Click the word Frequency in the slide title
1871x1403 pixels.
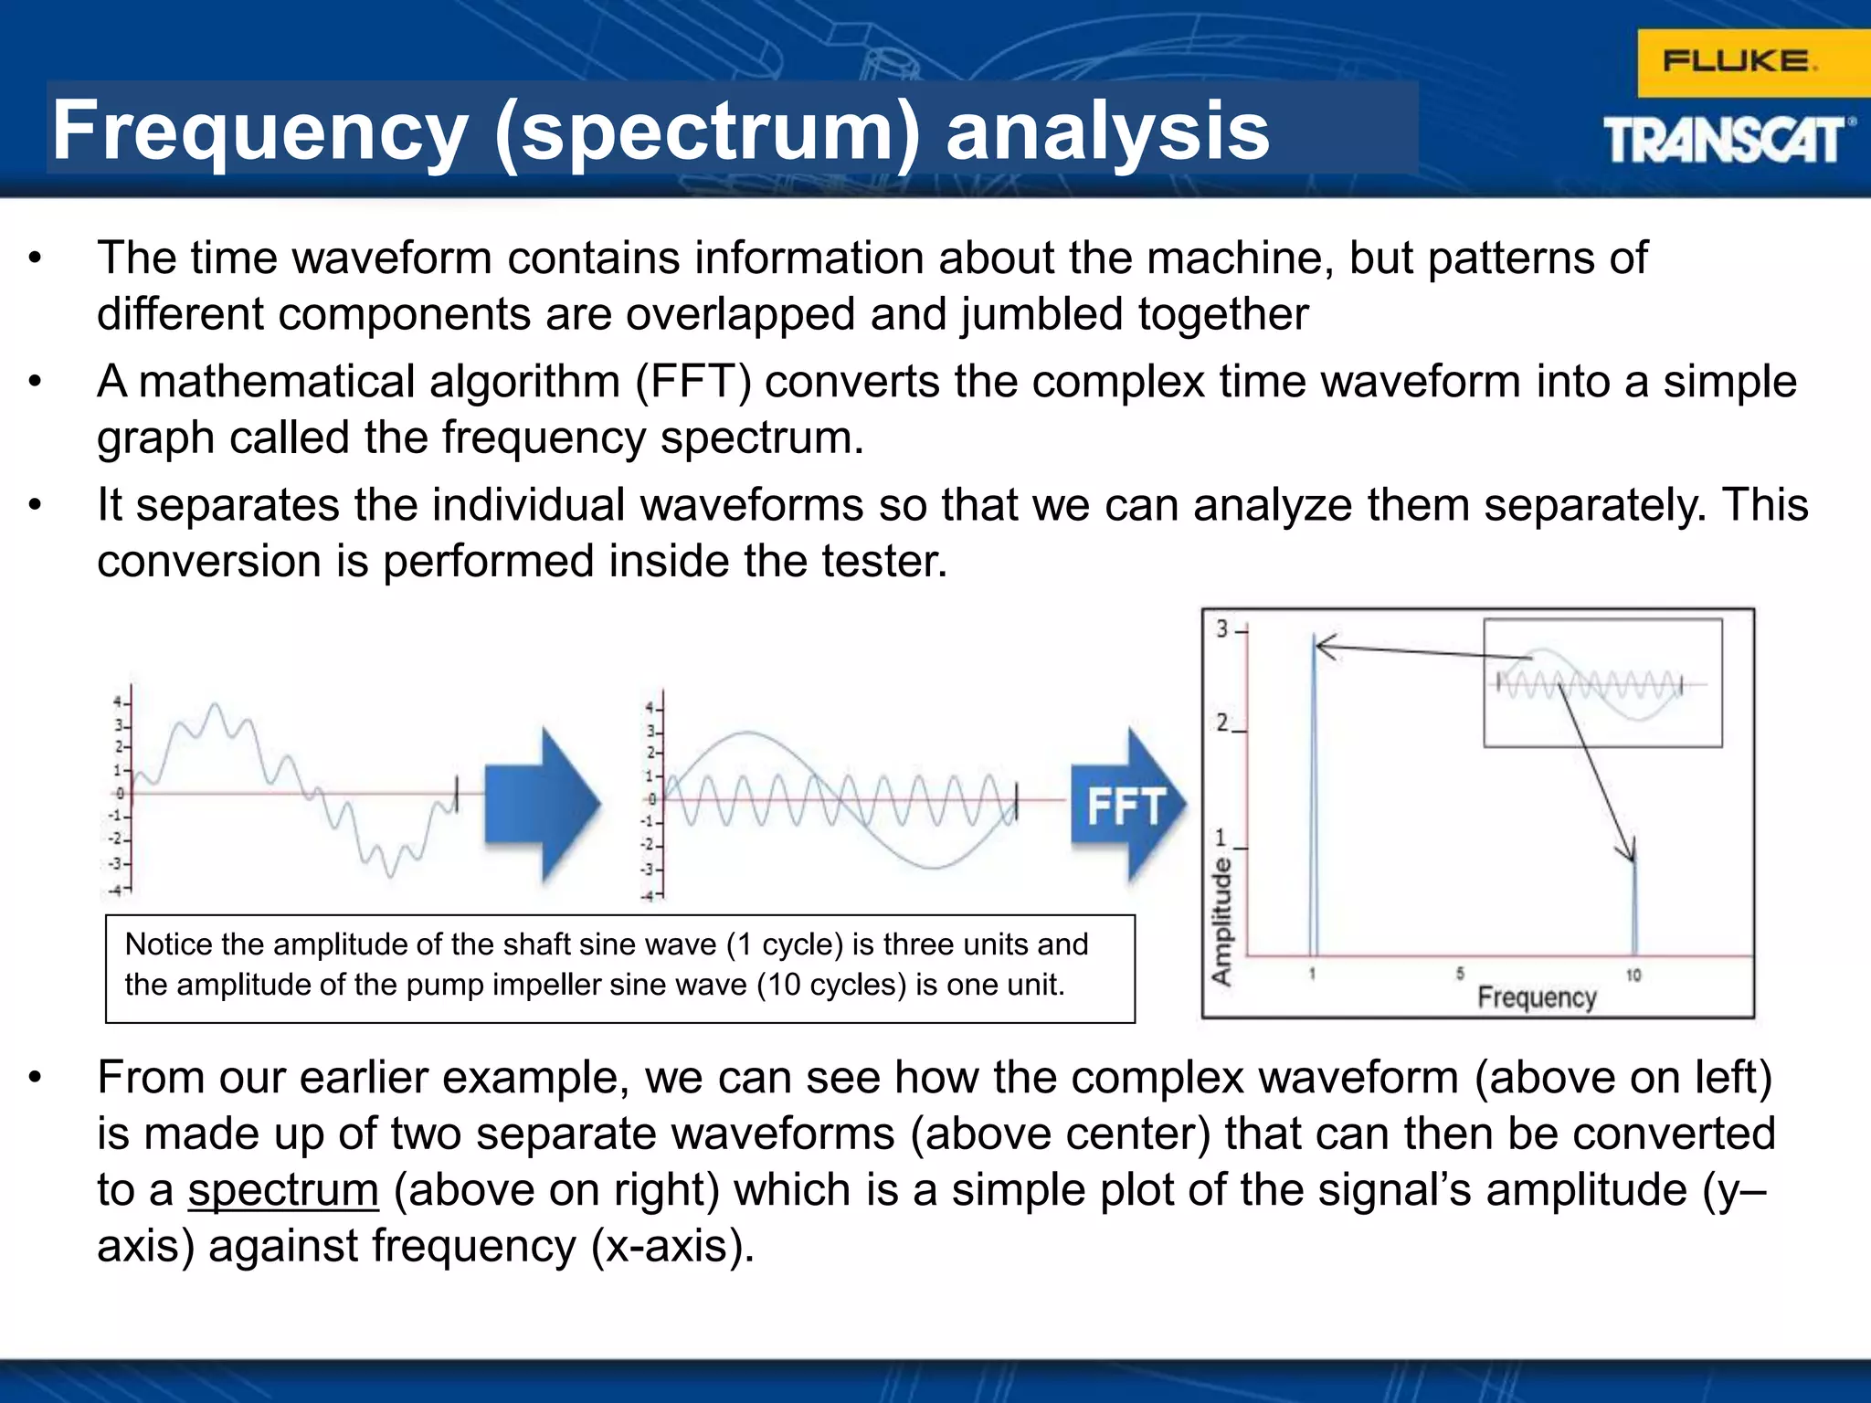(259, 131)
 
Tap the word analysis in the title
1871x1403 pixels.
(1107, 131)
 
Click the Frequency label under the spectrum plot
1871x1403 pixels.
(1536, 997)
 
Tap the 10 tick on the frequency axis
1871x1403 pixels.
(1633, 976)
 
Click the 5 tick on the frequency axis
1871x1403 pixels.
(1460, 974)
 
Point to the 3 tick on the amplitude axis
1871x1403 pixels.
(1222, 629)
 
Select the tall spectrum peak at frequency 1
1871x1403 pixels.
(1314, 795)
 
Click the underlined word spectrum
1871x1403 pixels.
(283, 1190)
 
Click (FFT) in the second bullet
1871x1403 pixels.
(693, 382)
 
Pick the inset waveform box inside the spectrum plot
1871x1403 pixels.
(1602, 683)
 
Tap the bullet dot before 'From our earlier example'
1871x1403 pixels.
(35, 1078)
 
